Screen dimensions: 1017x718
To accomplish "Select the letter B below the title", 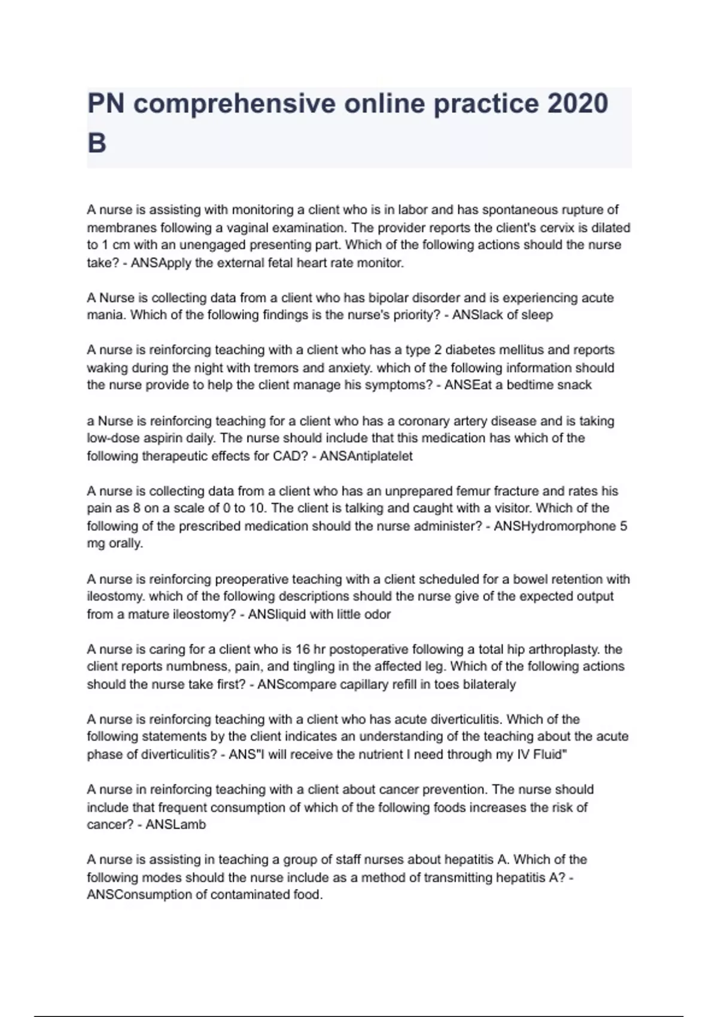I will click(x=97, y=144).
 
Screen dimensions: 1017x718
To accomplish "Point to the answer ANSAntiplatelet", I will click(x=366, y=456).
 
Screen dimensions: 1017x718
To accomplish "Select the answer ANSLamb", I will click(x=176, y=824).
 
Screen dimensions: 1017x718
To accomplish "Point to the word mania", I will click(x=105, y=315).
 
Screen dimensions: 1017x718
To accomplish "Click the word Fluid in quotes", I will click(x=549, y=754).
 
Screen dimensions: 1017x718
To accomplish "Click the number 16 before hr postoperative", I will click(x=303, y=649).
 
